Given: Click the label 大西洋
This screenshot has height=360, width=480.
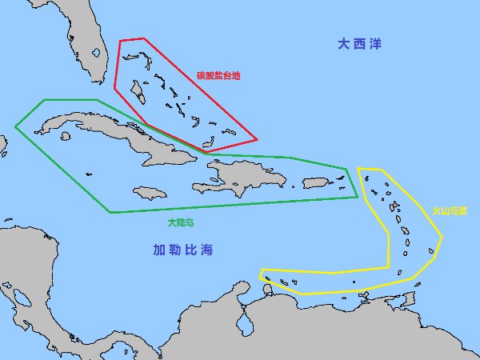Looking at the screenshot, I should point(360,45).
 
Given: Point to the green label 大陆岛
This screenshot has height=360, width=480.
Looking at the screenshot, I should point(180,222).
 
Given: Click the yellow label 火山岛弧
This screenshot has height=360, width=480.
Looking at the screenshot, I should point(450,211).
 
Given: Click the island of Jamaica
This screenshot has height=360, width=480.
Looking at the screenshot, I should point(150,193).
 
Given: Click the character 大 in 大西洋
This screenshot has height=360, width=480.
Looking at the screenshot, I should point(343,45).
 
